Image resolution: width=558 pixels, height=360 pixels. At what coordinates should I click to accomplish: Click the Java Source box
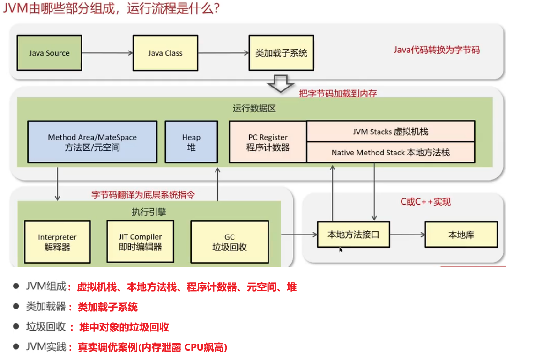click(49, 53)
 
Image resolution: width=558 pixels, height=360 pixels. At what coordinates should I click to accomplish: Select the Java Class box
click(165, 53)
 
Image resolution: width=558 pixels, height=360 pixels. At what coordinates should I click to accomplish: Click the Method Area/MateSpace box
click(92, 142)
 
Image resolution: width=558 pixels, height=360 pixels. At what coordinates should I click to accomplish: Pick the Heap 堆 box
click(191, 142)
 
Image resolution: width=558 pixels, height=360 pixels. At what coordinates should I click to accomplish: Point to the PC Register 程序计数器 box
click(268, 142)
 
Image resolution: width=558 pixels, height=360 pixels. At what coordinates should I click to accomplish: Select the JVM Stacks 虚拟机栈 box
click(390, 132)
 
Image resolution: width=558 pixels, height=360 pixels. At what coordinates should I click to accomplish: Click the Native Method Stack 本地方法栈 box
click(390, 153)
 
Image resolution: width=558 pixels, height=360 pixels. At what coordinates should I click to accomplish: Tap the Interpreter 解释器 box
click(57, 242)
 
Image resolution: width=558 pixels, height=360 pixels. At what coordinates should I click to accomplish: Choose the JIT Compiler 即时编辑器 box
click(140, 242)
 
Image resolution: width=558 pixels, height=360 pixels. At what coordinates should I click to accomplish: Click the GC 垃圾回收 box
click(229, 242)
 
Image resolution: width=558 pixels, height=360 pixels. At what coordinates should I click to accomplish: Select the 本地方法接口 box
click(353, 235)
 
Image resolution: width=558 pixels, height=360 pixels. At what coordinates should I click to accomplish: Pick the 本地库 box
click(461, 235)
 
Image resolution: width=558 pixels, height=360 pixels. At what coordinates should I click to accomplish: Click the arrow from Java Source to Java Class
click(107, 53)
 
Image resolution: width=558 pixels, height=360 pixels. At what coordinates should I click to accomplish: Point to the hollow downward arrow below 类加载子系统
click(280, 84)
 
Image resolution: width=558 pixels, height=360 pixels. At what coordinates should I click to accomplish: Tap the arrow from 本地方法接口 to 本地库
click(407, 235)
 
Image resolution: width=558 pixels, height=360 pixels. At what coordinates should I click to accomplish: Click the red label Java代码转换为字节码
click(437, 50)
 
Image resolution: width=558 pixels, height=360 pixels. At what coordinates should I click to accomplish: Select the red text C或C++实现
click(425, 202)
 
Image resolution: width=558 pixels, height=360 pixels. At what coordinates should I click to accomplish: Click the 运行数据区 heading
click(254, 109)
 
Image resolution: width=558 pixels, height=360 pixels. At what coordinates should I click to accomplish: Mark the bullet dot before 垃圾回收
click(16, 327)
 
